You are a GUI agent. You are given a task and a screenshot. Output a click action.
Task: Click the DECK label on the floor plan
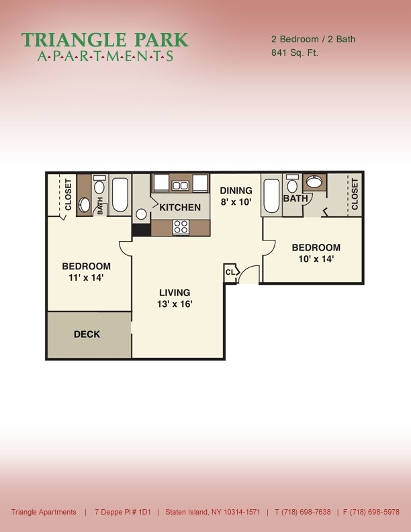pyautogui.click(x=87, y=335)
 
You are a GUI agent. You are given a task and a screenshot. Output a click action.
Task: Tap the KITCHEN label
pyautogui.click(x=179, y=208)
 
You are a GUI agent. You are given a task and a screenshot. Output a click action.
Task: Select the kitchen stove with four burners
pyautogui.click(x=181, y=227)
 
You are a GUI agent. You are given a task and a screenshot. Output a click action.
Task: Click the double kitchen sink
pyautogui.click(x=180, y=185)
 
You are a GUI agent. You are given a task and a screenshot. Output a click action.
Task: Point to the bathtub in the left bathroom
pyautogui.click(x=121, y=195)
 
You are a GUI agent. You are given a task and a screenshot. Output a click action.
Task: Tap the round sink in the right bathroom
pyautogui.click(x=314, y=181)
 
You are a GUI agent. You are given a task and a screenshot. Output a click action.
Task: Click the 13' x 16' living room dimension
pyautogui.click(x=175, y=304)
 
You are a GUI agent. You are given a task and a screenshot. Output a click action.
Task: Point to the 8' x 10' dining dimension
pyautogui.click(x=236, y=202)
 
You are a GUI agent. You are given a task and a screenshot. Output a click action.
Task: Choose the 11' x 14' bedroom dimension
pyautogui.click(x=86, y=277)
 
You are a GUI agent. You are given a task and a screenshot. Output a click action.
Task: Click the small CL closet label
pyautogui.click(x=230, y=272)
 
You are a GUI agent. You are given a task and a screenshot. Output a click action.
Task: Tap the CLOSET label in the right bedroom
pyautogui.click(x=355, y=194)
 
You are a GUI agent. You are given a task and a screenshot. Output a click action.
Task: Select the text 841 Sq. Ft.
pyautogui.click(x=294, y=52)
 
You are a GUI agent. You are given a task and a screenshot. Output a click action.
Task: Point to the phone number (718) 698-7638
pyautogui.click(x=307, y=512)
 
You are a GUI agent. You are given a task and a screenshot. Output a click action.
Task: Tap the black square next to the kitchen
pyautogui.click(x=141, y=230)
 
